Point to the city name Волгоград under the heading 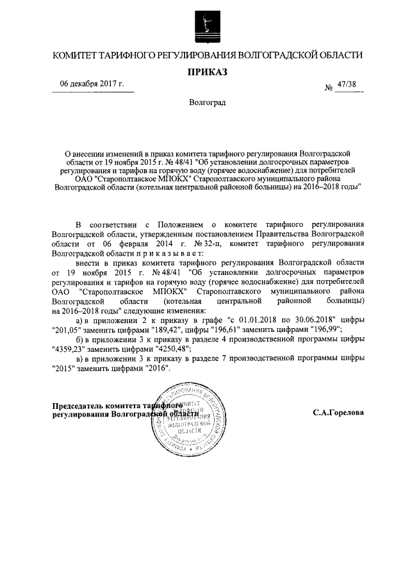[207, 102]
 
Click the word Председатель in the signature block [79, 406]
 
